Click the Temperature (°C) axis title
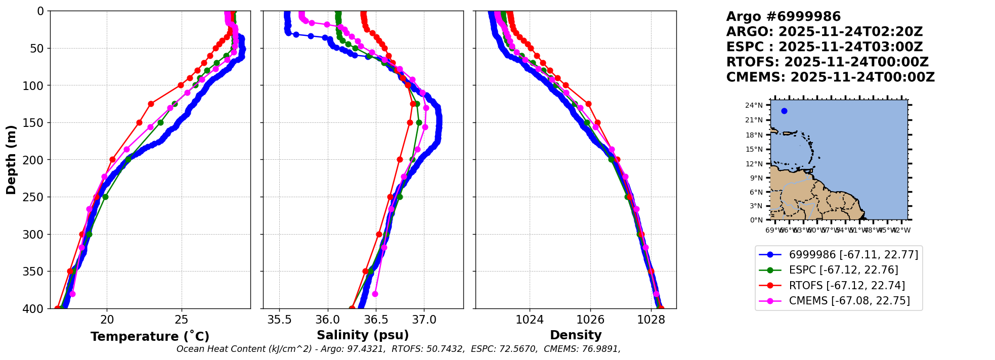pos(150,336)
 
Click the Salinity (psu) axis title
pos(363,335)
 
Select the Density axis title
pos(576,335)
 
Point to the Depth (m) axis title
pos(11,159)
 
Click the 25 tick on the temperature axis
pos(181,320)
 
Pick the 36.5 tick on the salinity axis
pos(376,320)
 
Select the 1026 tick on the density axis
pos(590,320)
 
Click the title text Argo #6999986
pos(783,17)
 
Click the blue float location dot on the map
pos(784,111)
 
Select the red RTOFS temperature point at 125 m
pos(151,104)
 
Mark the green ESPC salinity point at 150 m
pos(419,122)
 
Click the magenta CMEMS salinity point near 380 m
pos(375,294)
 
